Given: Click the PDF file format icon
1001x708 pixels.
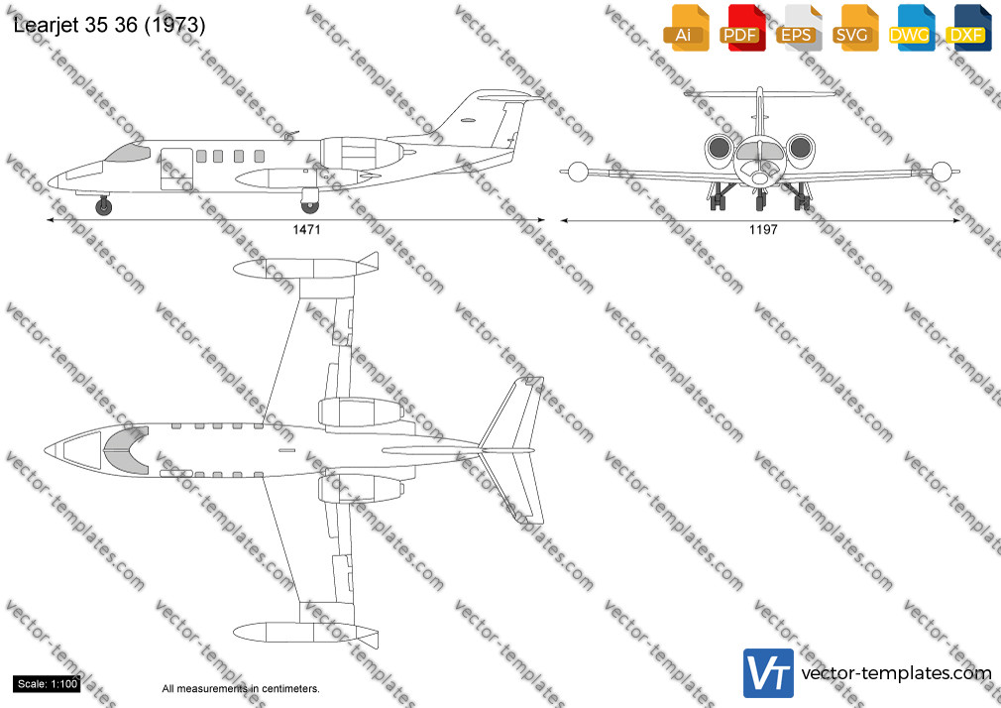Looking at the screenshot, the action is (x=740, y=28).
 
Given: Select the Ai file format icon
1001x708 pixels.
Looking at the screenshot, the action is (x=685, y=28).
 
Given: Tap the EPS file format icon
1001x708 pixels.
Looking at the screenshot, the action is (x=798, y=28).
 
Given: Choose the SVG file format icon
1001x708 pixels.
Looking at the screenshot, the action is (x=853, y=28).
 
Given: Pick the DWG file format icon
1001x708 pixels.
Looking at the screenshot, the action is (x=910, y=28).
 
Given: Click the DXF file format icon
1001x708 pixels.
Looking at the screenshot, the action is (x=968, y=28).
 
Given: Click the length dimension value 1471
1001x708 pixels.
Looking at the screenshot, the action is (x=306, y=230).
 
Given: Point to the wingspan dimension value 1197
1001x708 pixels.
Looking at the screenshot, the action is (x=763, y=230).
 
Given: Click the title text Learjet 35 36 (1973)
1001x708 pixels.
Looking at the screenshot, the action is (x=109, y=25).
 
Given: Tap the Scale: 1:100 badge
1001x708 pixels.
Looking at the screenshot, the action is (x=48, y=684).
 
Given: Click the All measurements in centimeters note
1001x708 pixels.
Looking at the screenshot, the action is (x=241, y=689).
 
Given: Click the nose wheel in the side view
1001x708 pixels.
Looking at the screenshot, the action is (x=103, y=206).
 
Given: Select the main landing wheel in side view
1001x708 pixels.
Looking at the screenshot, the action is (x=309, y=205).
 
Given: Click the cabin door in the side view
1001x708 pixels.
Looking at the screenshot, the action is (x=176, y=170).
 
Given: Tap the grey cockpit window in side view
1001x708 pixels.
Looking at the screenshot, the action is (x=128, y=152).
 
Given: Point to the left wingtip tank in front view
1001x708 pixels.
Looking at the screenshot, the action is (x=577, y=172).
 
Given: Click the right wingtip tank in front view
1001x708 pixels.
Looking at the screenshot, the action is (x=943, y=172).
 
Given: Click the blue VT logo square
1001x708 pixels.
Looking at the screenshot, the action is (x=769, y=673).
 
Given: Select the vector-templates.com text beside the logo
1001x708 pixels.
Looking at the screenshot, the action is (x=896, y=673).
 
